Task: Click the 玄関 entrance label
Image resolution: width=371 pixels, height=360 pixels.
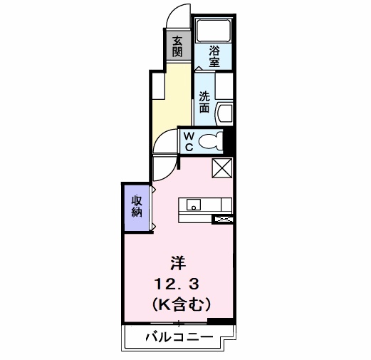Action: pos(177,46)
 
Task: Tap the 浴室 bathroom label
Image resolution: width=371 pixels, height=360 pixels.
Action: pos(214,55)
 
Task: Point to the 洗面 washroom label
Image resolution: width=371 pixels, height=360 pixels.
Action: pos(204,102)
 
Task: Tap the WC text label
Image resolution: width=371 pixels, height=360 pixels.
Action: pos(189,140)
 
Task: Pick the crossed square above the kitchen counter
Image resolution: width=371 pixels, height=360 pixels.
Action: pos(224,170)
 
